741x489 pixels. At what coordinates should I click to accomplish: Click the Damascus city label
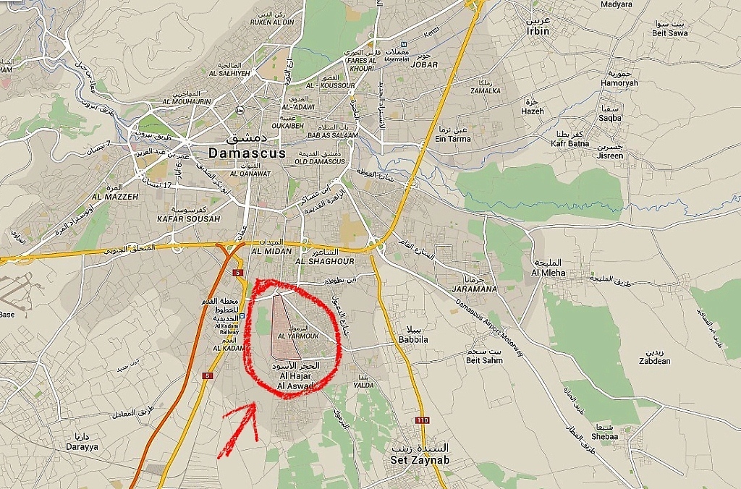(x=246, y=153)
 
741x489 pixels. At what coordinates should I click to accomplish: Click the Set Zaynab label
(x=419, y=459)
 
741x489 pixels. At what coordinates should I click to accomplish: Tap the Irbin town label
(x=538, y=31)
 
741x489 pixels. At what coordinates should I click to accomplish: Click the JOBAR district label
(x=424, y=64)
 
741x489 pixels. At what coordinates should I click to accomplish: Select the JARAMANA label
(x=474, y=289)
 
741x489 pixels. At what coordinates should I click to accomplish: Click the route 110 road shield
(x=422, y=420)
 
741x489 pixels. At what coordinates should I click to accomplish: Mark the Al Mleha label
(x=548, y=273)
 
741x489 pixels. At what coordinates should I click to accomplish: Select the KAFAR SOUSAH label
(x=178, y=218)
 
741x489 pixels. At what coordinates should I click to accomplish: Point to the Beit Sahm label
(x=484, y=360)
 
